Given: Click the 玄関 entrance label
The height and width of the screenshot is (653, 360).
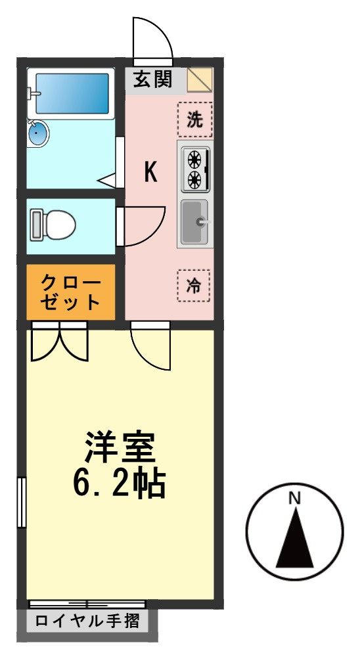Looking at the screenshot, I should [152, 79].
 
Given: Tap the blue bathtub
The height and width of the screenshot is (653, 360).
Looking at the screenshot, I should [72, 94].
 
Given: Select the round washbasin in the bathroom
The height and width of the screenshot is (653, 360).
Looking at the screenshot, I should [37, 134].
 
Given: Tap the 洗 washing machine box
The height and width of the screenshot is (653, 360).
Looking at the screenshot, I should [195, 120].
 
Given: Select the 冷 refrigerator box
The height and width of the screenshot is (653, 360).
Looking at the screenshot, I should [194, 286].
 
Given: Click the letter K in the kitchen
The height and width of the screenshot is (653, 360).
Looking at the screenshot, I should [150, 173].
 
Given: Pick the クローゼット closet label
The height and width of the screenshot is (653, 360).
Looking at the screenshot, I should [71, 293].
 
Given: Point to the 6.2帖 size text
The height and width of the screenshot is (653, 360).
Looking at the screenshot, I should [119, 484].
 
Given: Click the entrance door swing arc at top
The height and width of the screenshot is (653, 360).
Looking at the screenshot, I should [153, 37].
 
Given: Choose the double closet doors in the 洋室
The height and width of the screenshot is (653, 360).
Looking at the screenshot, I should [59, 343].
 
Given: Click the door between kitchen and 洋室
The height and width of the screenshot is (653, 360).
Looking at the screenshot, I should [150, 346].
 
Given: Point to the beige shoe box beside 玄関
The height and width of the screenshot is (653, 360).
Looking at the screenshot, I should [200, 80].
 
